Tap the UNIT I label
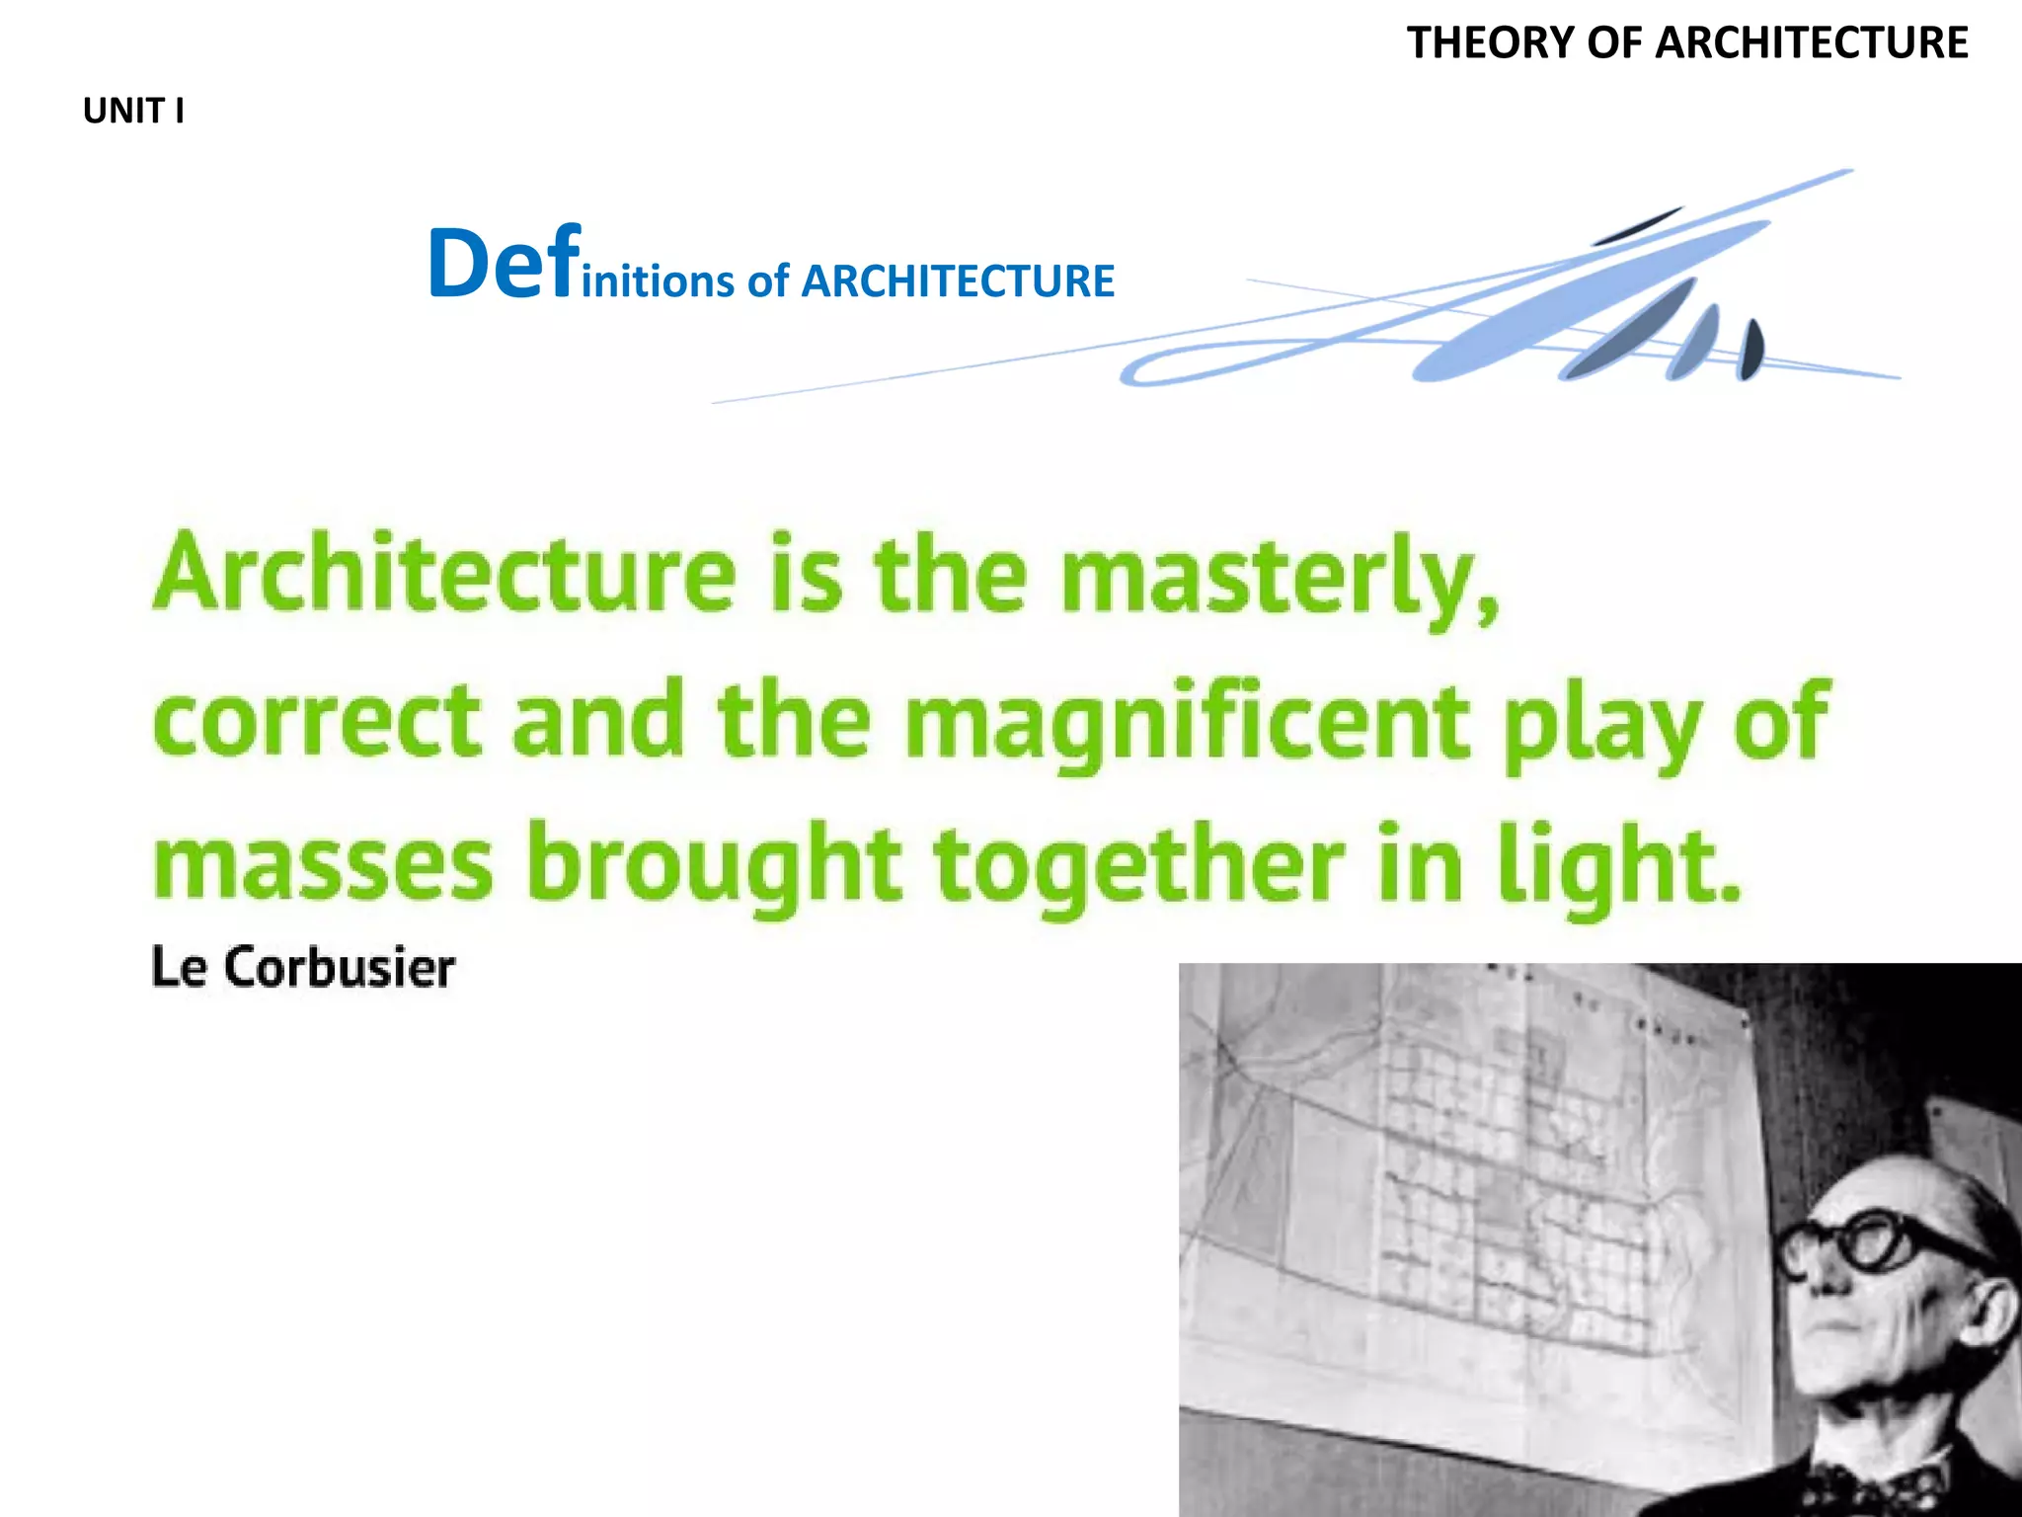[x=133, y=112]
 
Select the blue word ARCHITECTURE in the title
[x=957, y=281]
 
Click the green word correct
[x=317, y=721]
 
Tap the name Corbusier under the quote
[x=340, y=968]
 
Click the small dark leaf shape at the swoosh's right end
[x=1750, y=351]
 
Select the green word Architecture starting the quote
[x=444, y=575]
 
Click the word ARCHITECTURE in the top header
[x=1812, y=43]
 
